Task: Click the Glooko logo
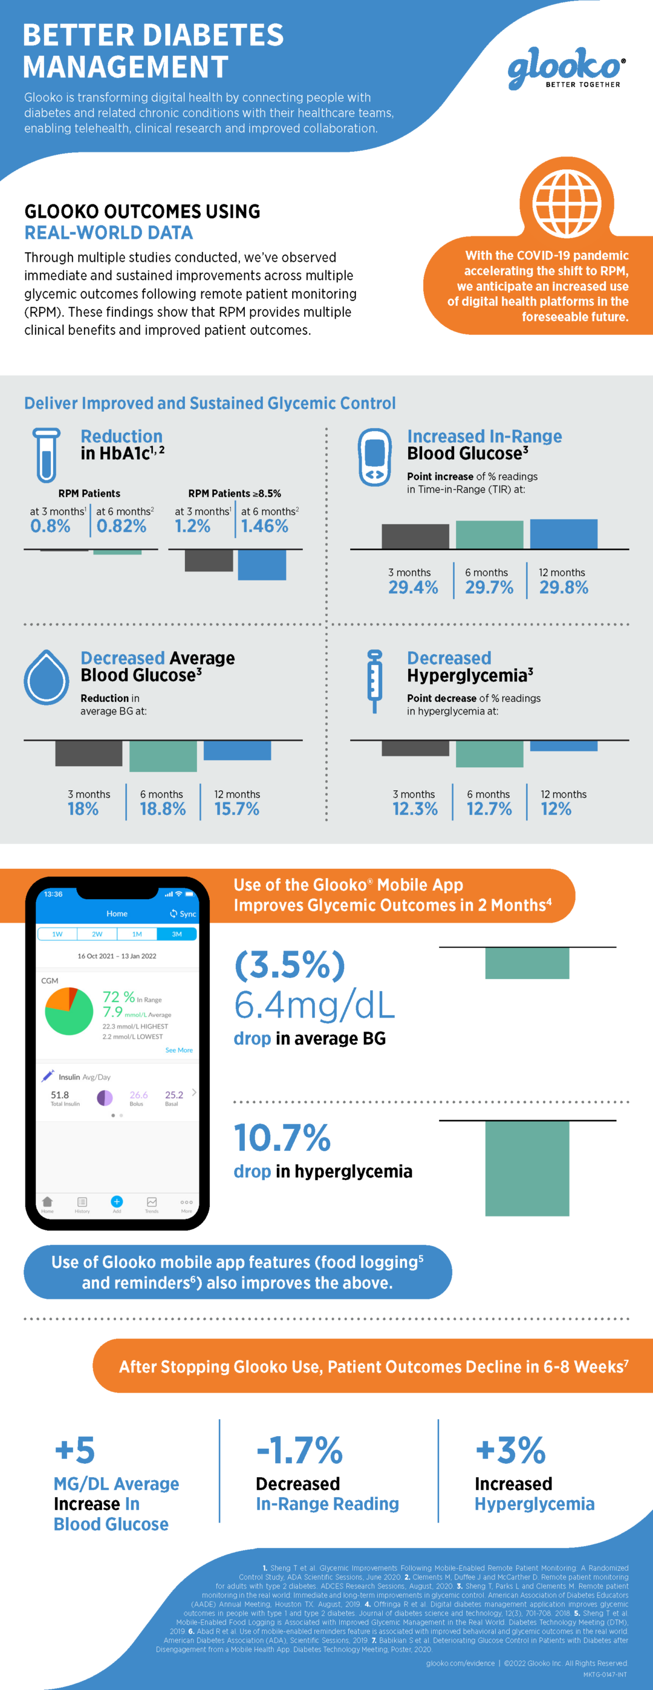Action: click(x=566, y=68)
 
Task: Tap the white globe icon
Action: click(x=567, y=203)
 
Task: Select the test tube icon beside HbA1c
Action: click(x=46, y=455)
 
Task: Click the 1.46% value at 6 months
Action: click(x=264, y=526)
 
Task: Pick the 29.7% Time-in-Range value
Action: click(x=489, y=587)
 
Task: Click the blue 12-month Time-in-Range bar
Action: click(x=563, y=533)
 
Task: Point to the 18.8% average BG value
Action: click(x=163, y=809)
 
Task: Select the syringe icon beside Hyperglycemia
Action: click(x=374, y=681)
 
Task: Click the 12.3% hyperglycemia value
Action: click(x=415, y=809)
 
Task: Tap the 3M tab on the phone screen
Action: click(x=177, y=934)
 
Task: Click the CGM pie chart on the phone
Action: click(x=69, y=1011)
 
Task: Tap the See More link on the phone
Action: click(x=178, y=1050)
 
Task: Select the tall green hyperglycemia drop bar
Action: click(x=527, y=1168)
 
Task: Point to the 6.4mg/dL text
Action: click(x=314, y=1005)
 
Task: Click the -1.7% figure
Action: click(x=299, y=1450)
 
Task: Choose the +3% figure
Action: click(x=510, y=1450)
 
